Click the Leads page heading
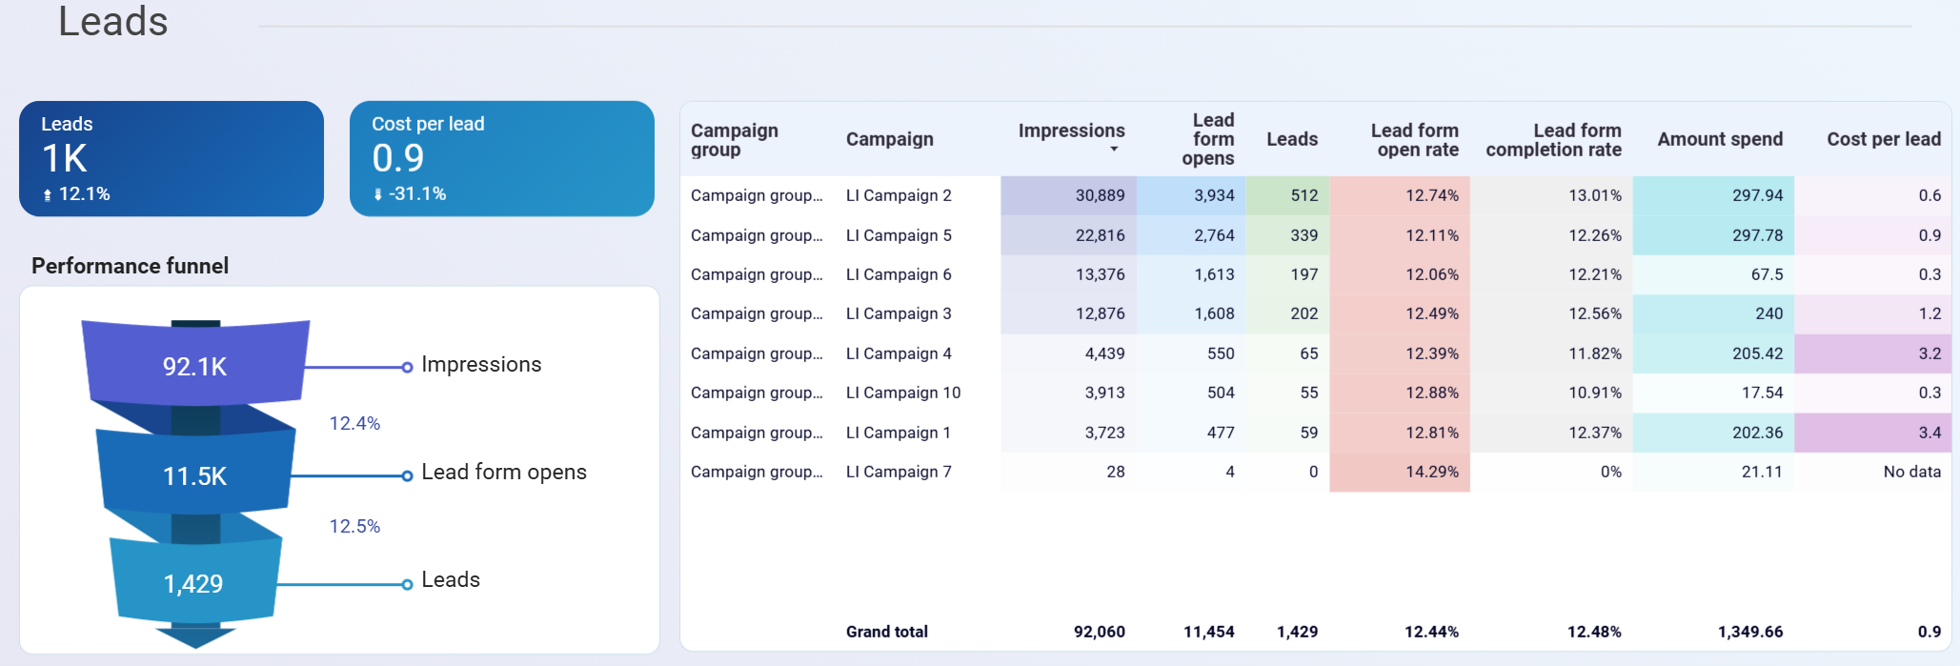[112, 21]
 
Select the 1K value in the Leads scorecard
[65, 158]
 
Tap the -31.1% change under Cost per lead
[416, 193]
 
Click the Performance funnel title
[130, 266]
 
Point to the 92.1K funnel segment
[194, 367]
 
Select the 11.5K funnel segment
[194, 476]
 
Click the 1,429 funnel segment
[193, 584]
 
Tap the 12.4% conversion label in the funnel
[354, 423]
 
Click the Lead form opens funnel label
[503, 473]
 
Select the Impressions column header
[1071, 131]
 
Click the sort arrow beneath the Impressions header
[1114, 150]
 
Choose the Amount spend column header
[1719, 139]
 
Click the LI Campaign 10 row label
[902, 393]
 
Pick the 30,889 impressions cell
[1100, 195]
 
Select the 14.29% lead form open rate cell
[1431, 472]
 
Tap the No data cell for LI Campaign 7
[1911, 472]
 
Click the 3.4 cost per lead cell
[1929, 433]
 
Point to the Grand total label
[886, 632]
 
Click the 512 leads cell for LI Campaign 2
[1303, 195]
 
